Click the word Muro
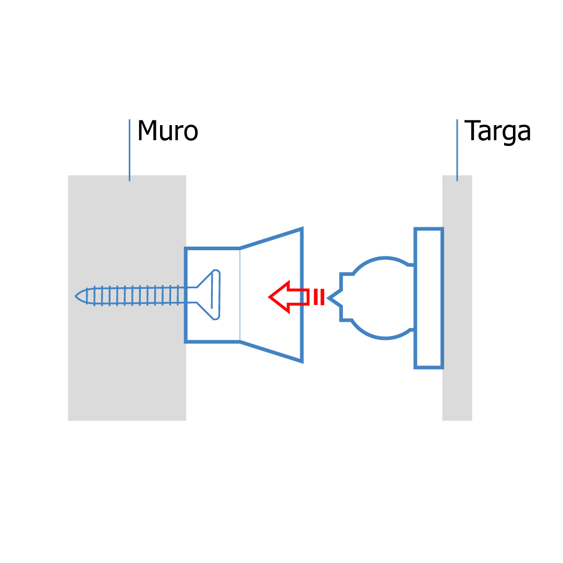(167, 131)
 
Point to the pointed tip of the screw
(77, 296)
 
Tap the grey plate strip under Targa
(457, 396)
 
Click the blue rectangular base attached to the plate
(429, 298)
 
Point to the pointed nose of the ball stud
(329, 298)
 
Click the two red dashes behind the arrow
(319, 297)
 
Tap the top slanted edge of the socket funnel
(271, 238)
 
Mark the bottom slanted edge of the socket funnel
(271, 351)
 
